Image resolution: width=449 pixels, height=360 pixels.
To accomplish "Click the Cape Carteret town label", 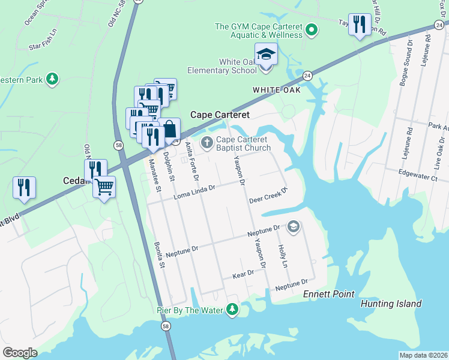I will (220, 114).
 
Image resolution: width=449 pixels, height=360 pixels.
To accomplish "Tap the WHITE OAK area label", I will (275, 89).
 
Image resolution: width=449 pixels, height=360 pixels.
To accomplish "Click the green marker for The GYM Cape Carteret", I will (312, 29).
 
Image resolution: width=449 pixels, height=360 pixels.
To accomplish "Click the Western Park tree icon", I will (53, 79).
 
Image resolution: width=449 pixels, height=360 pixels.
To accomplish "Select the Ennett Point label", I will (328, 294).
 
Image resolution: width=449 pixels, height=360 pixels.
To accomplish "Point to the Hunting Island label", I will (391, 304).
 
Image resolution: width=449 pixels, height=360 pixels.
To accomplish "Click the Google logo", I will (20, 353).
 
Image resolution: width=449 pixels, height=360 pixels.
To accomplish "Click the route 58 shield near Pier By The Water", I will (166, 326).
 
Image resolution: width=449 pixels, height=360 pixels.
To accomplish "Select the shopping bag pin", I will (169, 128).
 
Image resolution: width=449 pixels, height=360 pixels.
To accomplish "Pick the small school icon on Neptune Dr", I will (293, 226).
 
